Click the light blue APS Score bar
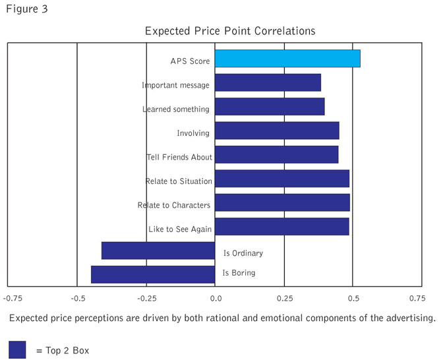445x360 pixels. click(x=287, y=59)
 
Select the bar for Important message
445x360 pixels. click(x=268, y=83)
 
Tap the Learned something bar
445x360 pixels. click(x=270, y=107)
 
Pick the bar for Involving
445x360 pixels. click(x=277, y=131)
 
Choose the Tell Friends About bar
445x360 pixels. click(x=276, y=155)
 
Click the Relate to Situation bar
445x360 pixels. click(x=282, y=179)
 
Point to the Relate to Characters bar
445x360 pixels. click(x=282, y=202)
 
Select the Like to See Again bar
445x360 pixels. click(x=282, y=227)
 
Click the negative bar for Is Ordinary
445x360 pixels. click(x=158, y=251)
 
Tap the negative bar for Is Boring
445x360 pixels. click(x=153, y=274)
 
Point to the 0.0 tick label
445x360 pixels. click(x=216, y=299)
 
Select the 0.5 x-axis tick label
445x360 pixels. click(x=353, y=299)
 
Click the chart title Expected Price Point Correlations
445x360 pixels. click(x=230, y=31)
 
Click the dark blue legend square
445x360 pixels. click(x=17, y=349)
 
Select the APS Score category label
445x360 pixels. click(x=190, y=61)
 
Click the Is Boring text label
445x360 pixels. click(x=239, y=272)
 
